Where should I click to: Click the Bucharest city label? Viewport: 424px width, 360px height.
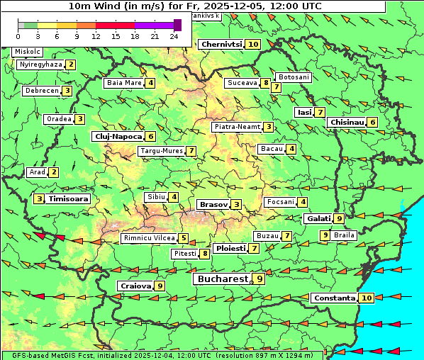[223, 279]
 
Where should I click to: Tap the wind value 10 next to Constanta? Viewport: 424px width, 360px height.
[367, 298]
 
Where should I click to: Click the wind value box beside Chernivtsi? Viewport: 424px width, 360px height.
[253, 44]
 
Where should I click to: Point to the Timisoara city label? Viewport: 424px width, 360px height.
[69, 199]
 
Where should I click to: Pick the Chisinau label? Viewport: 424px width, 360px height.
[347, 122]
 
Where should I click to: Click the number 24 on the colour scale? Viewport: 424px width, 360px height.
[174, 35]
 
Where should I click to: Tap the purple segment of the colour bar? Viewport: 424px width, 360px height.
[155, 25]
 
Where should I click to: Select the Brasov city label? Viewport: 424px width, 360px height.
[213, 204]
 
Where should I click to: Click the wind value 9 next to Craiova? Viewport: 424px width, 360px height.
[160, 286]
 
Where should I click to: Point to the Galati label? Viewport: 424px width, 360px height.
[318, 218]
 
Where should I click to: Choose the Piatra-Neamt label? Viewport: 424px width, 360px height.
[237, 127]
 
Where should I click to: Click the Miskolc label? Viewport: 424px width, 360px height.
[28, 52]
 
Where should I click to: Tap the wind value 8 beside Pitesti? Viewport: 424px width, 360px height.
[205, 253]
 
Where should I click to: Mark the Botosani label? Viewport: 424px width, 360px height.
[294, 77]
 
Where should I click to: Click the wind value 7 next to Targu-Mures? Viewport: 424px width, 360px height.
[191, 151]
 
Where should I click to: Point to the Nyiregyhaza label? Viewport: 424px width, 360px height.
[40, 64]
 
